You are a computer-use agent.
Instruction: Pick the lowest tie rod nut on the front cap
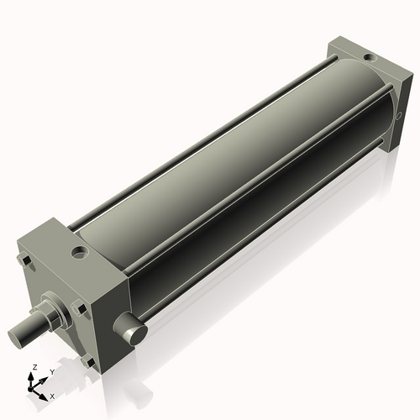click(x=89, y=362)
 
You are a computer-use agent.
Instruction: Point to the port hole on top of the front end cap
click(x=79, y=250)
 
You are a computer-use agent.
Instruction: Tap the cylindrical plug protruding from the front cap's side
click(x=133, y=331)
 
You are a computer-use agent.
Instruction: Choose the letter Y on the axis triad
click(x=51, y=370)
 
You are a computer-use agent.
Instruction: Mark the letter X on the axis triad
click(x=52, y=395)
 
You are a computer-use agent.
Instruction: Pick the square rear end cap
click(x=361, y=84)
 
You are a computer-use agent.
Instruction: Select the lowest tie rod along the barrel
click(x=269, y=244)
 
